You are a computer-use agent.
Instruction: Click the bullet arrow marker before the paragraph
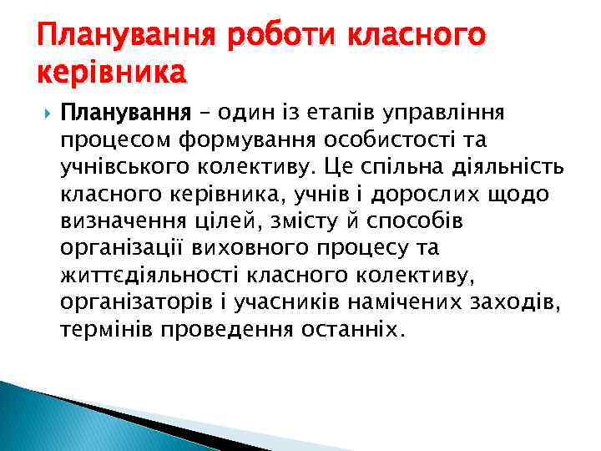click(x=44, y=112)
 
